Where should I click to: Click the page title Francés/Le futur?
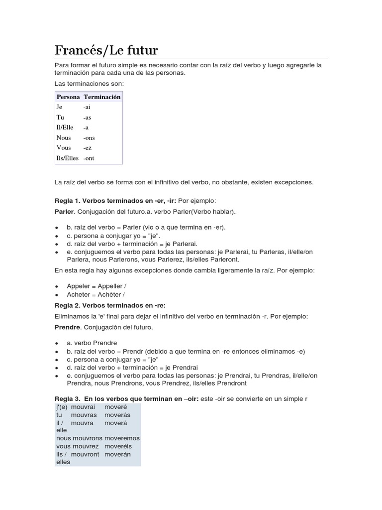pos(106,50)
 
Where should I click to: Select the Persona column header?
pos(68,97)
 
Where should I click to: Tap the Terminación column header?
pos(102,97)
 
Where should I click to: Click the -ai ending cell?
pos(87,107)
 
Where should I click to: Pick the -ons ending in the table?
pos(89,138)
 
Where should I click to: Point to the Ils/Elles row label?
pos(68,158)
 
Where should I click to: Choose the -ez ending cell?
pos(88,148)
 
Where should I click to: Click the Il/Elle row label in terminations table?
pos(65,127)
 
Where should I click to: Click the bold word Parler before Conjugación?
pos(64,212)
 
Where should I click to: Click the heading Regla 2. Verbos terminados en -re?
pos(110,305)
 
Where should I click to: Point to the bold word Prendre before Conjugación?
pos(67,327)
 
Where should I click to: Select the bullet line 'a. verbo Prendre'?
pos(92,343)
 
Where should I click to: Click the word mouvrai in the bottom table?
pos(84,407)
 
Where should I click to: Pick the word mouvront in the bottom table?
pos(85,454)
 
